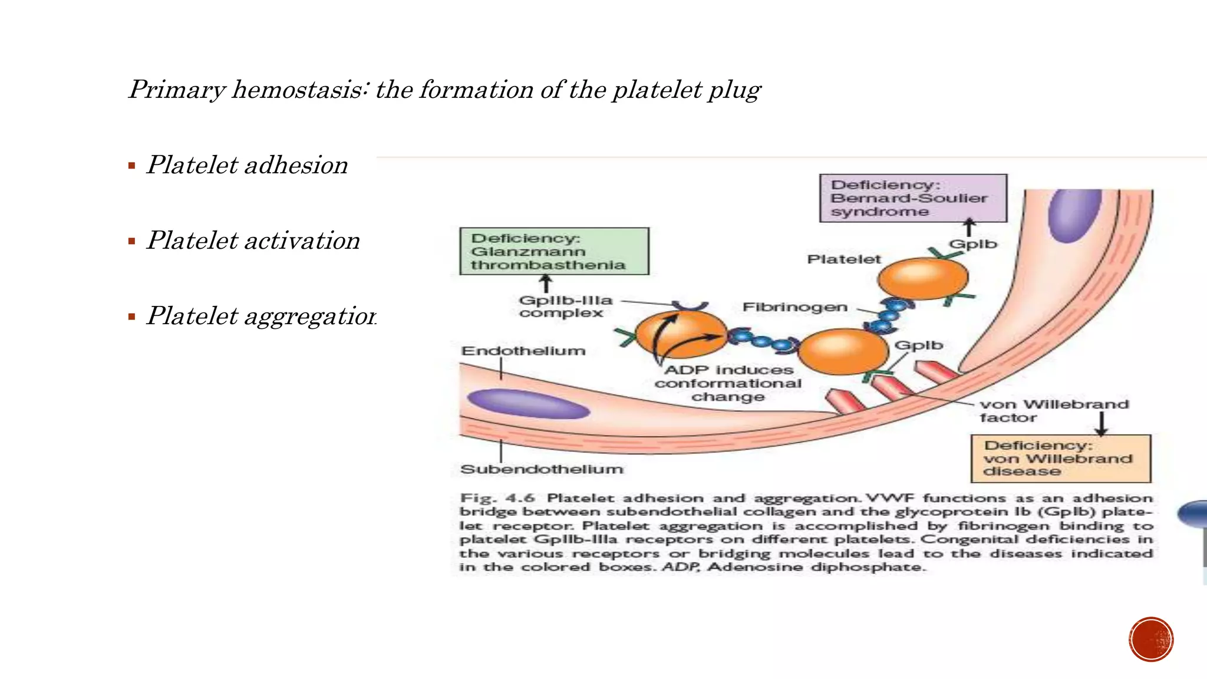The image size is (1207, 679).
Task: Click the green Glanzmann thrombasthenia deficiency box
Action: click(553, 252)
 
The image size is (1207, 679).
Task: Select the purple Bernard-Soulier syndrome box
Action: click(913, 199)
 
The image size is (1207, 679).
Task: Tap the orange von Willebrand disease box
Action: click(1060, 459)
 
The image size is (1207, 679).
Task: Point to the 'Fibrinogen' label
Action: click(795, 307)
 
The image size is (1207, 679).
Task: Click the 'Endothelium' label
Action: click(523, 351)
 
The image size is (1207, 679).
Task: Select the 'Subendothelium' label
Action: click(542, 469)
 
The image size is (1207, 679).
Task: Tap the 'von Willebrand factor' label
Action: click(1054, 411)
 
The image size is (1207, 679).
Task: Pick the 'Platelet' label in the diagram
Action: click(843, 259)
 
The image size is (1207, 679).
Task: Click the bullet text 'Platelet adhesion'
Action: click(247, 165)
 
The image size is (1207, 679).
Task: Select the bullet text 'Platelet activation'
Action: click(253, 240)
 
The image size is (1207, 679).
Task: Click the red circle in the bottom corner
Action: click(1151, 640)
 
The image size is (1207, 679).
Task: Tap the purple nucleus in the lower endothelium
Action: click(528, 404)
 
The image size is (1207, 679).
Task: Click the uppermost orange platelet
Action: click(922, 278)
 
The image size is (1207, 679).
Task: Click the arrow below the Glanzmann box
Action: click(546, 284)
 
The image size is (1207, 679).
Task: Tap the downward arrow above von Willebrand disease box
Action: click(1101, 424)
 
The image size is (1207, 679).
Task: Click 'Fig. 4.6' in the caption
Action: click(497, 498)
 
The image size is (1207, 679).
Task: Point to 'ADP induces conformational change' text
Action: click(728, 383)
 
